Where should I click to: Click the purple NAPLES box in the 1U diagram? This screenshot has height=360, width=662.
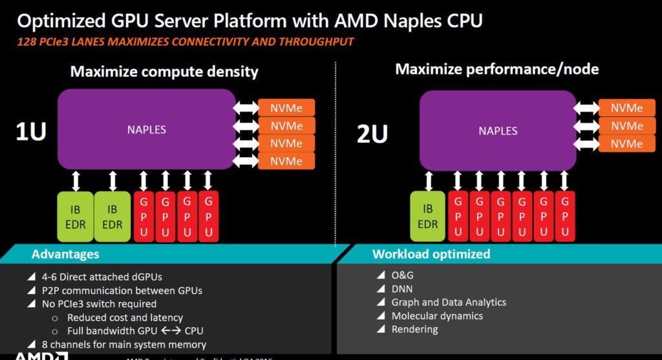[x=146, y=129]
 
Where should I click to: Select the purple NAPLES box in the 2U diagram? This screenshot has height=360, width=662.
[x=498, y=131]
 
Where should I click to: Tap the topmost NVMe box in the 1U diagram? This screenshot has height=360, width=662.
[x=286, y=107]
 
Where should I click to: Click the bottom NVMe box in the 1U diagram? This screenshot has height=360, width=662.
[x=286, y=161]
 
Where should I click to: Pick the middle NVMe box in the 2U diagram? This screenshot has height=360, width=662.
[x=626, y=126]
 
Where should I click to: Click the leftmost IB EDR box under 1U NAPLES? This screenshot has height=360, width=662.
[x=76, y=218]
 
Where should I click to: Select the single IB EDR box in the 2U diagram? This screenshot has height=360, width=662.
[x=427, y=217]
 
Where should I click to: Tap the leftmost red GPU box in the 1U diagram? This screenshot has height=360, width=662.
[x=144, y=217]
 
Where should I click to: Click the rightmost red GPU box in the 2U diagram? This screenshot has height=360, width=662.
[x=564, y=217]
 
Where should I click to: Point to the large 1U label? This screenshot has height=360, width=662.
[x=30, y=132]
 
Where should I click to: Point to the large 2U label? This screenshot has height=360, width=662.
[x=372, y=134]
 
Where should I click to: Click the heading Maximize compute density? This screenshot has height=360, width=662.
[x=164, y=71]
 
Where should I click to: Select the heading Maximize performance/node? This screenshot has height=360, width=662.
[x=497, y=69]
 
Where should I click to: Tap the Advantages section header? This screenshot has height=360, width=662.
[x=65, y=254]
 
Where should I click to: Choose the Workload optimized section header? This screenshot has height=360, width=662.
[x=431, y=254]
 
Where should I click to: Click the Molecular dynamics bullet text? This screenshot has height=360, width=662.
[x=437, y=316]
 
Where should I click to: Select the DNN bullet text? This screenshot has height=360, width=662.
[x=401, y=289]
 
